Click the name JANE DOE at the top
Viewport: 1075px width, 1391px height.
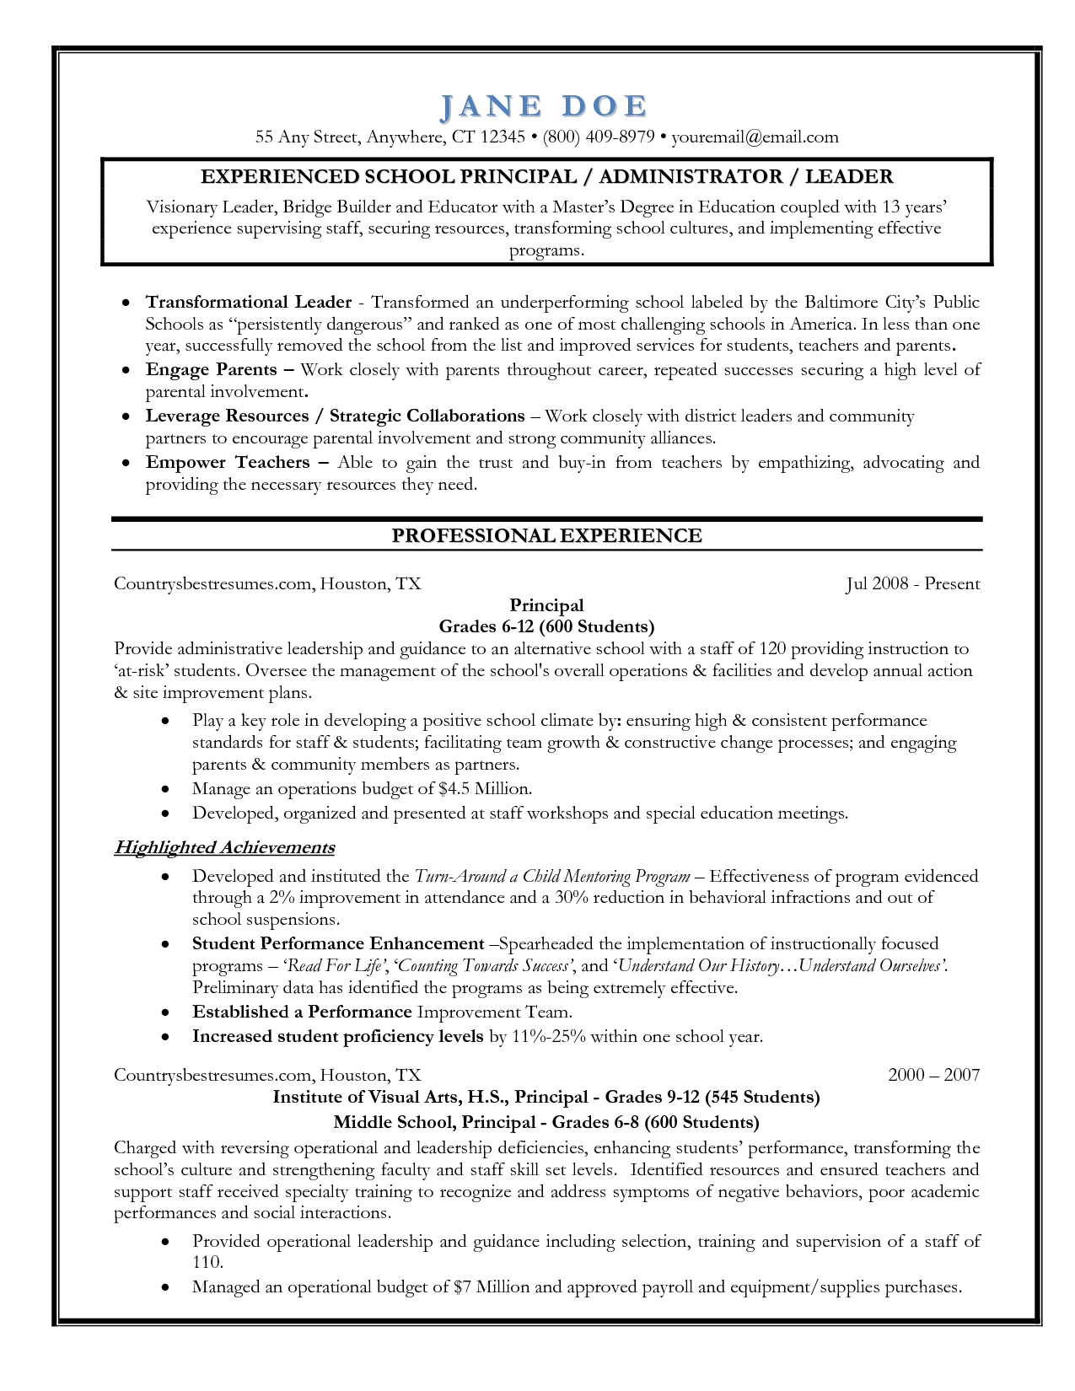[545, 106]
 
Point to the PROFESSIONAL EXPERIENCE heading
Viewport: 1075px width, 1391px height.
[546, 535]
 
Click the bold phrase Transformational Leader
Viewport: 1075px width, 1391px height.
[248, 302]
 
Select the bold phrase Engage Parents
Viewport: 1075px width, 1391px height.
[211, 369]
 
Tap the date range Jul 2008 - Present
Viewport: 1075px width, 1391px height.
[912, 583]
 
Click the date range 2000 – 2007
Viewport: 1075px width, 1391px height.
[933, 1074]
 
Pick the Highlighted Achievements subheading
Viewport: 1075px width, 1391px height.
[224, 847]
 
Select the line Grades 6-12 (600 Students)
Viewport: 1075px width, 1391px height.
[546, 626]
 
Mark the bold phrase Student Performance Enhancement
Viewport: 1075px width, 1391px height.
[338, 943]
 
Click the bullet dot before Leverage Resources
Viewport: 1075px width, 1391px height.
[126, 416]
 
